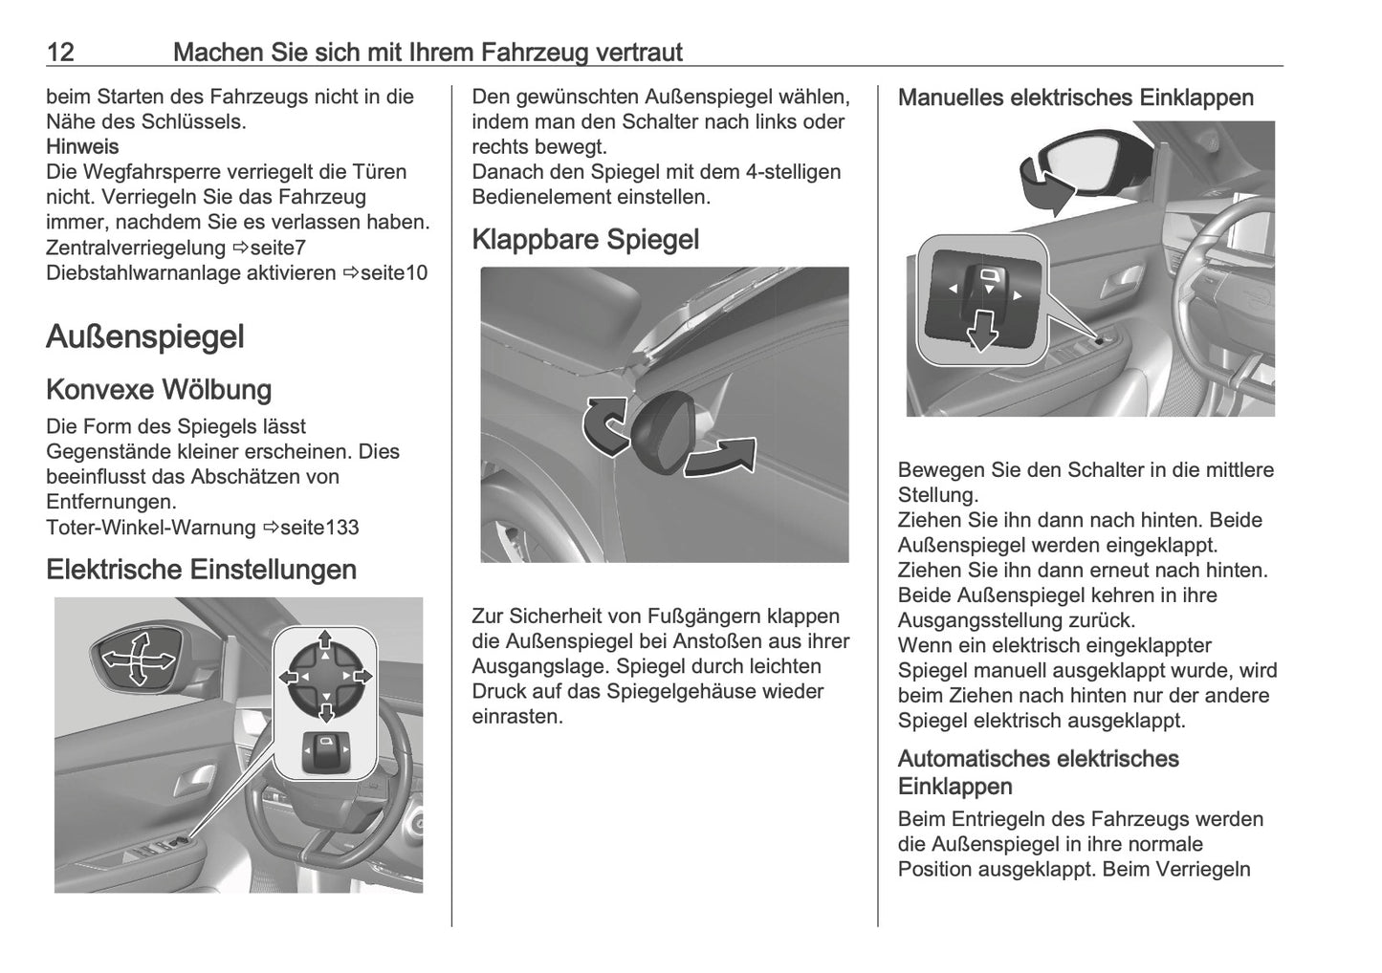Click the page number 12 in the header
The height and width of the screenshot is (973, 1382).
point(60,52)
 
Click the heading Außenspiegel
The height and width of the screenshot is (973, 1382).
point(145,336)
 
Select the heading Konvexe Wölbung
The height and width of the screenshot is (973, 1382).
point(159,390)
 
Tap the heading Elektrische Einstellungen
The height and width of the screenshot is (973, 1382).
point(201,570)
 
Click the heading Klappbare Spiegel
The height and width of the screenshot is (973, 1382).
point(585,239)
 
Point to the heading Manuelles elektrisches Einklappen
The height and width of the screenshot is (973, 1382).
point(1075,97)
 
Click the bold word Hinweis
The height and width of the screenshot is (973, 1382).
point(82,147)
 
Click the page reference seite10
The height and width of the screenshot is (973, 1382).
point(396,273)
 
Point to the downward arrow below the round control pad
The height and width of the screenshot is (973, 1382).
point(325,712)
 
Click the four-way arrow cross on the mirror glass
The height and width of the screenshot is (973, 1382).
point(138,659)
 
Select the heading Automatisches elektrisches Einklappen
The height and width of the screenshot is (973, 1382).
point(1038,772)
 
